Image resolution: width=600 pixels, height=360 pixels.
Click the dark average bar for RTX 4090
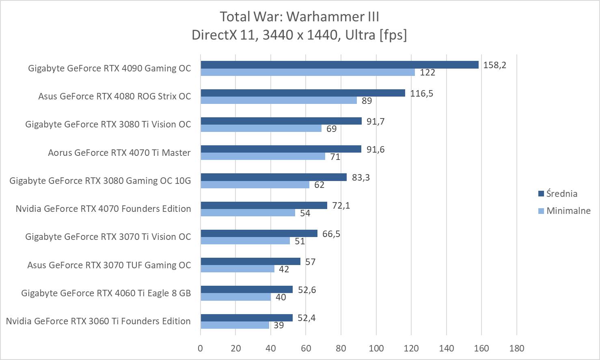click(339, 65)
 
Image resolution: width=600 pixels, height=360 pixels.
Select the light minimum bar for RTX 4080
click(278, 100)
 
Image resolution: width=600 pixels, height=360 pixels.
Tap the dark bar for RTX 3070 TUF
click(250, 261)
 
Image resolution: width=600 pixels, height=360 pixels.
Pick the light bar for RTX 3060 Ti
click(235, 325)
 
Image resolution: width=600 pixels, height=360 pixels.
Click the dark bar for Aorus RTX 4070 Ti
click(281, 149)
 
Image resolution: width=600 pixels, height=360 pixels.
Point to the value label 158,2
click(494, 65)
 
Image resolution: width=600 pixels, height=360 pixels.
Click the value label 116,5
click(421, 93)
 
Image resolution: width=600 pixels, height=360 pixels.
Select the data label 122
click(427, 73)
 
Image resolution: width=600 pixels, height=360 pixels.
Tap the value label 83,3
click(360, 177)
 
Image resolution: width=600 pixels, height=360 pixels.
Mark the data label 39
click(278, 325)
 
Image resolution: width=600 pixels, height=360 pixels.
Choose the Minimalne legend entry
click(568, 211)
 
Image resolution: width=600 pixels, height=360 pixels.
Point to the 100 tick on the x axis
click(376, 348)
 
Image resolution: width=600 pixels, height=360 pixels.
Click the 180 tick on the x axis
click(516, 348)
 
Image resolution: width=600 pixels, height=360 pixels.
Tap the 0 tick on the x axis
click(201, 348)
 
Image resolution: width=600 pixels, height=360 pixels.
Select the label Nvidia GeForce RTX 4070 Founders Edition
click(103, 209)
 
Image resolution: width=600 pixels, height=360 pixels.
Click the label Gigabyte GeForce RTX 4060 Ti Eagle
click(106, 293)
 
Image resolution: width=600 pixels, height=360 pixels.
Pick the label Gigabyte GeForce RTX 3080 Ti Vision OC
click(108, 124)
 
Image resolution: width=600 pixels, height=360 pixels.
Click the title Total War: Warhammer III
click(300, 17)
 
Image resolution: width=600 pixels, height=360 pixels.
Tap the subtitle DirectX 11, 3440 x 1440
click(300, 35)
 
